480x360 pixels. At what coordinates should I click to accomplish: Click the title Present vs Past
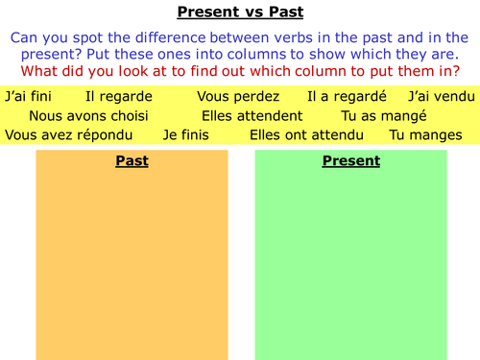point(239,13)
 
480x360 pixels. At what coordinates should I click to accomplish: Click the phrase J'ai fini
point(28,97)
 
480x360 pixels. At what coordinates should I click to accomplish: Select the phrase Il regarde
point(117,97)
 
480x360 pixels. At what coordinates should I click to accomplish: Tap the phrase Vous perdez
point(238,97)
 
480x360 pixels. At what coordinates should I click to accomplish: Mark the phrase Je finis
point(186,135)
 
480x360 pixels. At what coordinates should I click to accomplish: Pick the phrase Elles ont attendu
point(307,135)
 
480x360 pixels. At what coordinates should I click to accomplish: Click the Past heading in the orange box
point(132,161)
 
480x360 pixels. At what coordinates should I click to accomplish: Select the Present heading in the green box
point(350,161)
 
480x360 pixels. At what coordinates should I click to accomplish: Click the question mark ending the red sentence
point(456,72)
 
